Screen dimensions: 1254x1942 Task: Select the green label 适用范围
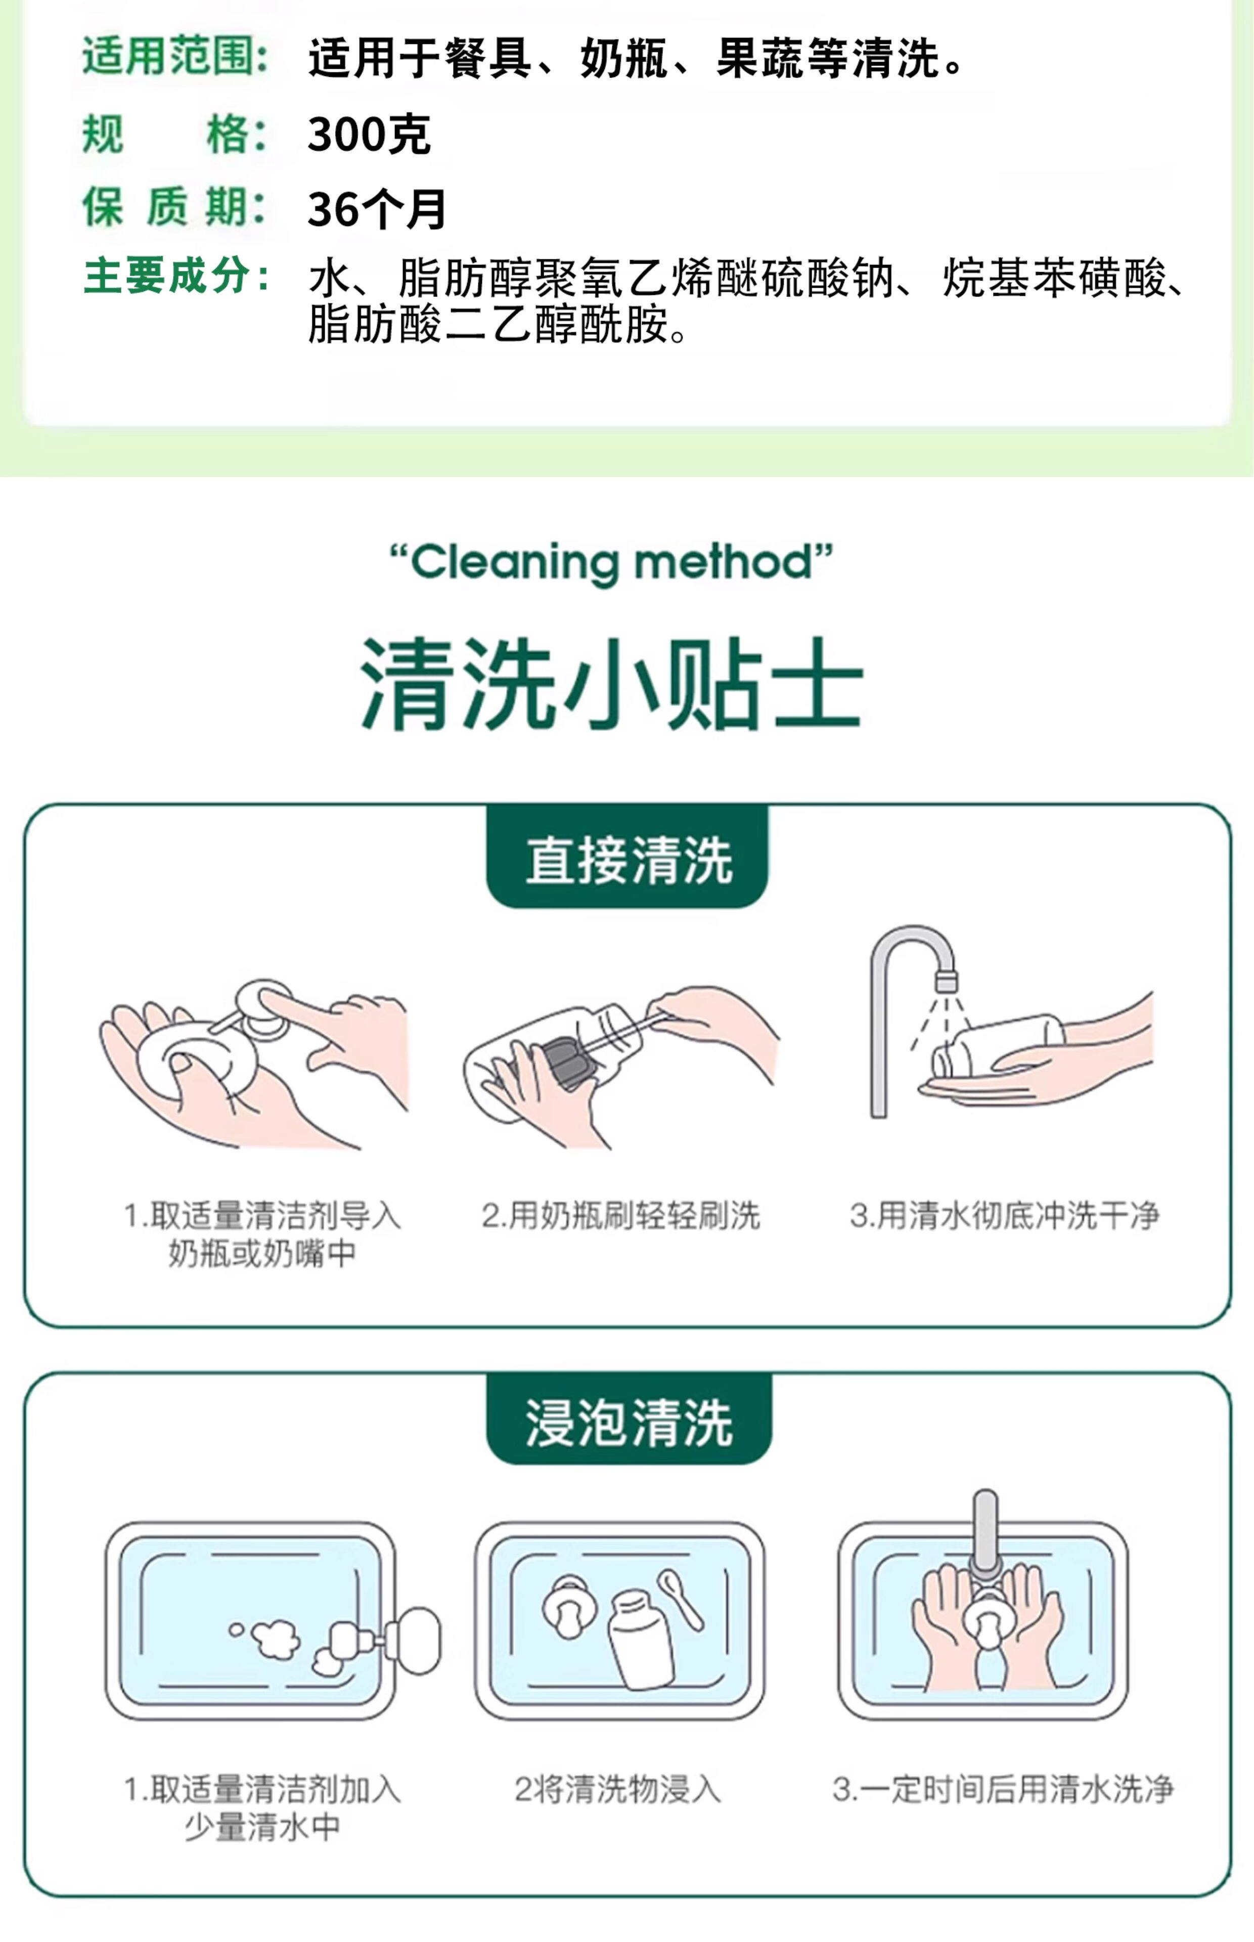[x=175, y=57]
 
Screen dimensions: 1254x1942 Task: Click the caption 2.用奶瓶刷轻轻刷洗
[x=620, y=1216]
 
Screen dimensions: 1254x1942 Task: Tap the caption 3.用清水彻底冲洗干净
[x=1005, y=1216]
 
